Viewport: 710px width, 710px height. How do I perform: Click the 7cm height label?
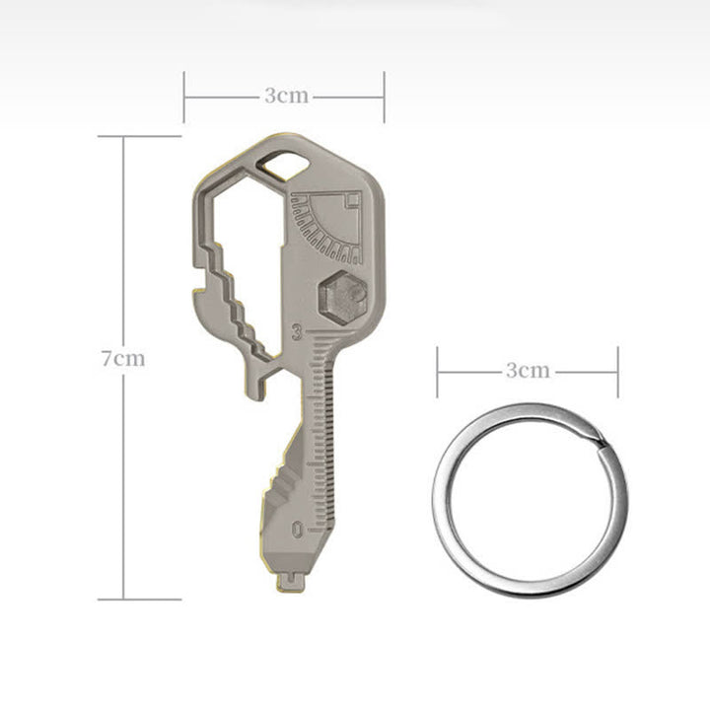click(x=122, y=358)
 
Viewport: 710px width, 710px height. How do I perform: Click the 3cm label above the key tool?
click(x=285, y=96)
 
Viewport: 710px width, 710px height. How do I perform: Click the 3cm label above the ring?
click(x=528, y=371)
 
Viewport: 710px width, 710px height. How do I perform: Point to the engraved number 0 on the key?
click(x=298, y=530)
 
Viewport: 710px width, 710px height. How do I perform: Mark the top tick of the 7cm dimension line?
click(x=123, y=137)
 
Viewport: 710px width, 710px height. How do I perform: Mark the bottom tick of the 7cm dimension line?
click(x=123, y=599)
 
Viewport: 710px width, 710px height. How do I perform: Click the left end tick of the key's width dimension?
click(x=184, y=96)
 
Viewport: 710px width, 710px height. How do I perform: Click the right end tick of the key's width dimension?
click(x=384, y=96)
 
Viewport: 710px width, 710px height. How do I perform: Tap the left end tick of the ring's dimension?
click(x=438, y=371)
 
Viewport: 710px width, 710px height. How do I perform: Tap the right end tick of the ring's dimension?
click(x=617, y=371)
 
